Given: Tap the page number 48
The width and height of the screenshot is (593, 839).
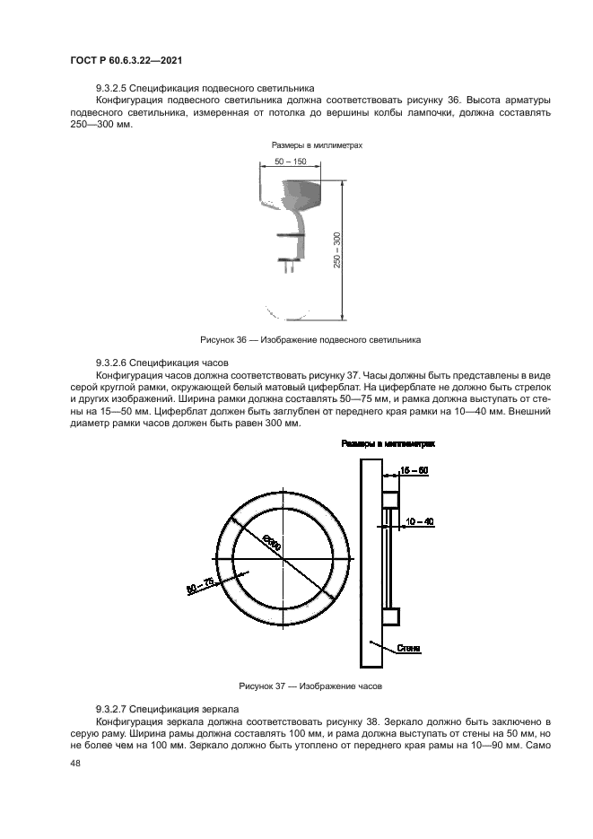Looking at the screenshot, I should point(74,764).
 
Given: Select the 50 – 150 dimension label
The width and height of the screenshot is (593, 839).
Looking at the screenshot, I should point(290,162).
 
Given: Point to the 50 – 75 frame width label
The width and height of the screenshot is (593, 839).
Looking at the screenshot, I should point(200,588).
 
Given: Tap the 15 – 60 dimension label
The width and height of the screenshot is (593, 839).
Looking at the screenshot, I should point(413,470).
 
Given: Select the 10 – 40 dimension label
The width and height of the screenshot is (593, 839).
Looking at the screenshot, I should point(419,520).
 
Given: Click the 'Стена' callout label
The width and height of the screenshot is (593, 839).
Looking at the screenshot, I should point(410,647).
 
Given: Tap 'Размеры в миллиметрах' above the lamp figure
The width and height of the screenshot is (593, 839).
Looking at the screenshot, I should point(310,144).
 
